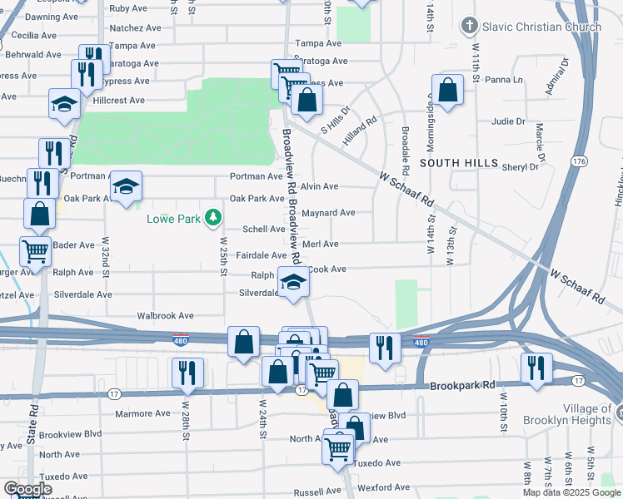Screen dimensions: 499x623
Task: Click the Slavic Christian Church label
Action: pos(542,27)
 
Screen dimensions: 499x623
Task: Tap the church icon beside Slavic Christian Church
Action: pos(471,27)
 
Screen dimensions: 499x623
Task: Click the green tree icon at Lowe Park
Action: pos(214,218)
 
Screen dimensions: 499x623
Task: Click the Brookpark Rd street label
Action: pos(462,386)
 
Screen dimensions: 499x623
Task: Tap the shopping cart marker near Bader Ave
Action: pos(35,252)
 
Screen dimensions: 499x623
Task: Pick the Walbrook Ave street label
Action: pos(165,316)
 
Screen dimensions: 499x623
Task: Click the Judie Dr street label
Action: pos(508,121)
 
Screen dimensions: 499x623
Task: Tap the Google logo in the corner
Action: pos(27,489)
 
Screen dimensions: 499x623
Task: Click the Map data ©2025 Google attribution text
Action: pos(570,492)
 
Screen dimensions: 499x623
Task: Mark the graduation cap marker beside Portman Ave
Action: pos(126,188)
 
